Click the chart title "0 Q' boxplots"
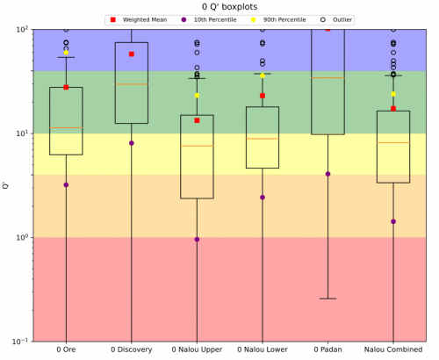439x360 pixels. click(x=229, y=6)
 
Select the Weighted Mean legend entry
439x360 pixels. click(x=139, y=20)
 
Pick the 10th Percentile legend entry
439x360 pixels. click(x=209, y=20)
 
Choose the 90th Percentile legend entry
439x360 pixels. click(x=278, y=20)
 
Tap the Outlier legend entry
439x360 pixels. click(x=336, y=20)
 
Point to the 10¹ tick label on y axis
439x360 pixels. click(x=23, y=133)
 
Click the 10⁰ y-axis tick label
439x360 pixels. click(x=23, y=236)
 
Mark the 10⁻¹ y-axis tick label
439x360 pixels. click(x=21, y=341)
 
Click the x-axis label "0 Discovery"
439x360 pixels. click(x=132, y=349)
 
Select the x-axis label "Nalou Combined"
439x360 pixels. click(x=393, y=349)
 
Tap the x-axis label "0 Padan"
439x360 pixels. click(x=327, y=349)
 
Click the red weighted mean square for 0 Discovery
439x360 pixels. click(x=132, y=54)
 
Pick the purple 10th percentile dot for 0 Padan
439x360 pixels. click(x=327, y=174)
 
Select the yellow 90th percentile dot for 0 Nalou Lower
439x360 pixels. click(x=263, y=76)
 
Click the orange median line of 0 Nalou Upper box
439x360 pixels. click(x=197, y=146)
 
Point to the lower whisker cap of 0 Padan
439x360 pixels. click(x=327, y=299)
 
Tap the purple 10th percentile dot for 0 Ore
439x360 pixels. click(x=66, y=185)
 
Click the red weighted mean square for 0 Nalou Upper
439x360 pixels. click(x=197, y=120)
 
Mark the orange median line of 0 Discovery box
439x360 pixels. click(x=132, y=84)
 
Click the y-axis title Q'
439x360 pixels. click(x=5, y=185)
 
